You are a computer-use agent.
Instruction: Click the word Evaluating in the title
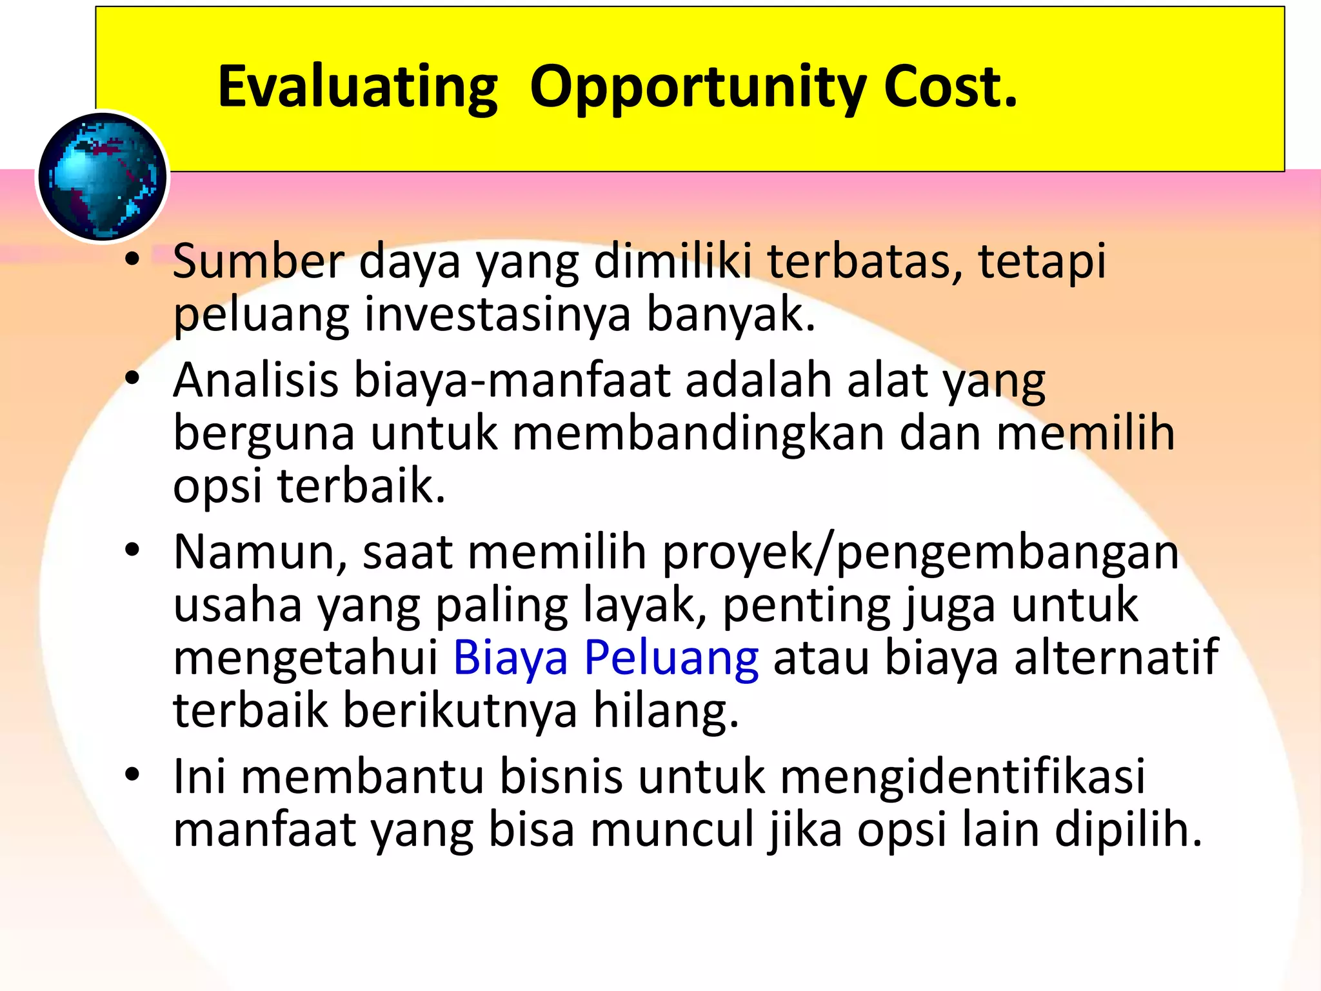point(358,87)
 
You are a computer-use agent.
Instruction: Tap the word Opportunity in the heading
point(698,87)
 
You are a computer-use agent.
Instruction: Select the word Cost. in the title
point(950,87)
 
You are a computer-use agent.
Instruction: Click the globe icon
point(102,177)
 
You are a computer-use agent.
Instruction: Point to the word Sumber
point(258,261)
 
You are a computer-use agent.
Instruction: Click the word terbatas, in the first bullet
point(864,261)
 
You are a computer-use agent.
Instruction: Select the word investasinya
point(497,314)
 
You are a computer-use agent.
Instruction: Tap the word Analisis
point(255,380)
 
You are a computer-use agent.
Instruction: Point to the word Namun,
point(261,553)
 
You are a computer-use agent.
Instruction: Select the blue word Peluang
point(671,659)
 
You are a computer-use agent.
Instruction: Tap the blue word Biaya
point(510,659)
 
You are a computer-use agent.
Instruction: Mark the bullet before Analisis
point(132,379)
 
